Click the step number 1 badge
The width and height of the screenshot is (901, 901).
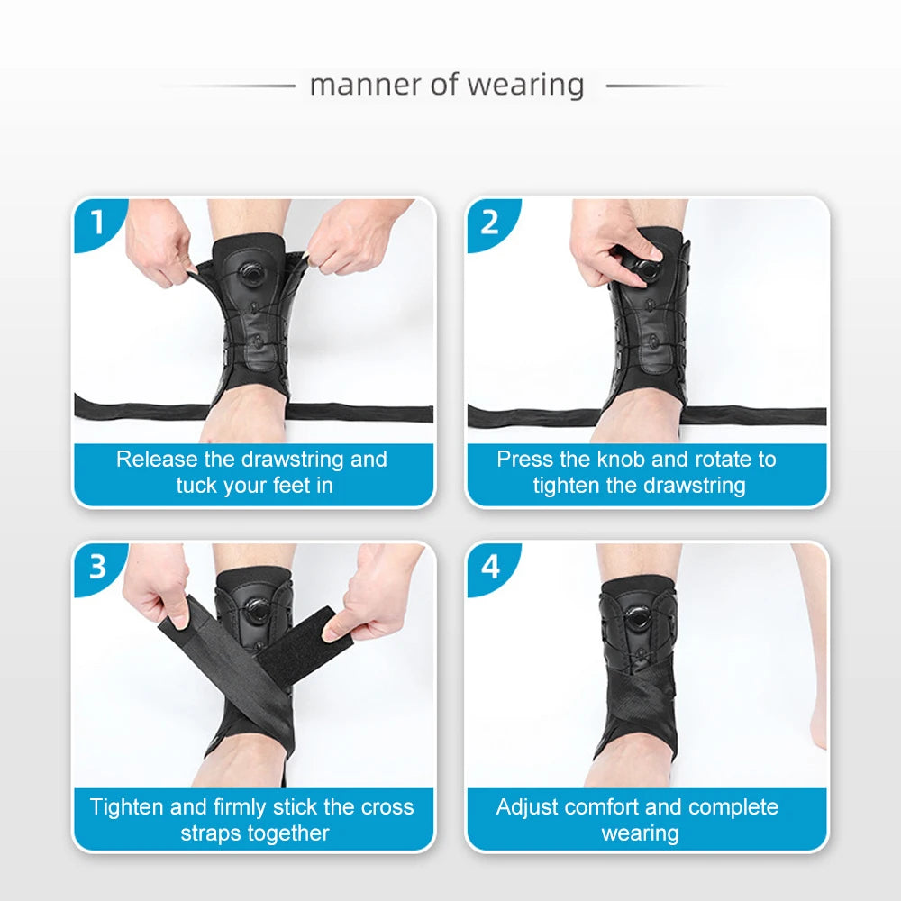97,221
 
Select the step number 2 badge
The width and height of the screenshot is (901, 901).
489,221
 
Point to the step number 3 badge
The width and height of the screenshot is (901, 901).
97,566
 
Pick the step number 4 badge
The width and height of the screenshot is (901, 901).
489,566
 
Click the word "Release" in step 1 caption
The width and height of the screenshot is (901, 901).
157,460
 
